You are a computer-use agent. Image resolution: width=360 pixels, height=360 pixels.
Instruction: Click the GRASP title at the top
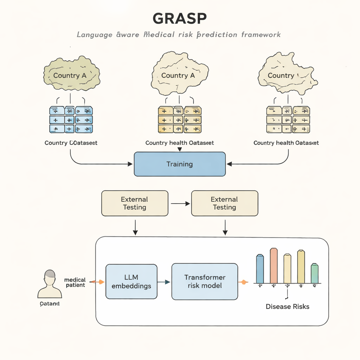[180, 18]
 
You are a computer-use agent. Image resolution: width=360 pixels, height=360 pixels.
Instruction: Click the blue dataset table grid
[71, 120]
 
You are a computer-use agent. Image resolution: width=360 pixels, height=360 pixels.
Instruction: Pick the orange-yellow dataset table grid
[180, 120]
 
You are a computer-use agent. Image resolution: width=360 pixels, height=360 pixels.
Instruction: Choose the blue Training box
[180, 164]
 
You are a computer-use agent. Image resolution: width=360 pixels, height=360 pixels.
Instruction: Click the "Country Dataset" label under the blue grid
[71, 143]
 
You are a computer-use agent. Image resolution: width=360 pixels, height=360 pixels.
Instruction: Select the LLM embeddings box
[131, 282]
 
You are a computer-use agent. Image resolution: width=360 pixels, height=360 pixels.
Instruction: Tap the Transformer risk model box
[205, 282]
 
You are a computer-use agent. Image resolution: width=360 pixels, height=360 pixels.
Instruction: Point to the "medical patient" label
[75, 282]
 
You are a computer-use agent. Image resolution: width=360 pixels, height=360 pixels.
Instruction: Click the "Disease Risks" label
[287, 307]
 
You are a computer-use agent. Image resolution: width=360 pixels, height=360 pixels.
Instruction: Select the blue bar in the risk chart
[260, 269]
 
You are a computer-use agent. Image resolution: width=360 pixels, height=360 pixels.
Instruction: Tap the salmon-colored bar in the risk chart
[274, 265]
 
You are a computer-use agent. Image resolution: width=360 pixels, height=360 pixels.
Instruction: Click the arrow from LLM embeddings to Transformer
[164, 282]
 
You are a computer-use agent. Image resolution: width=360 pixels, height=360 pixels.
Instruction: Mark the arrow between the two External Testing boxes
[180, 203]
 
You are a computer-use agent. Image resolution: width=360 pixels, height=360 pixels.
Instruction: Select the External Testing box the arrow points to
[225, 203]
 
